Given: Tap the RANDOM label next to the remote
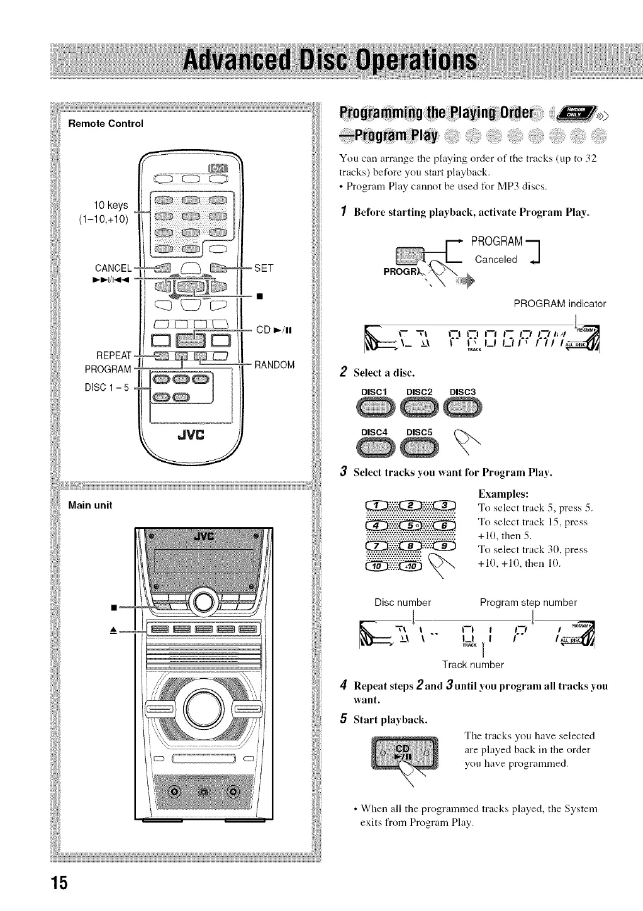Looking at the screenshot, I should pos(274,365).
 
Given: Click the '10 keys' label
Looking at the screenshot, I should pos(111,205).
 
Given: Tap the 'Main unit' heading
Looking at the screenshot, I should pos(91,505).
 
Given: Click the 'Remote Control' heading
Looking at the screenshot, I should pos(106,123).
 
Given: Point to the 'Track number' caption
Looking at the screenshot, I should pos(472,664).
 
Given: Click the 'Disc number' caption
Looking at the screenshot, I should pos(403,602).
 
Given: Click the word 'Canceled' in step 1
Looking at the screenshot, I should pos(496,259).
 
